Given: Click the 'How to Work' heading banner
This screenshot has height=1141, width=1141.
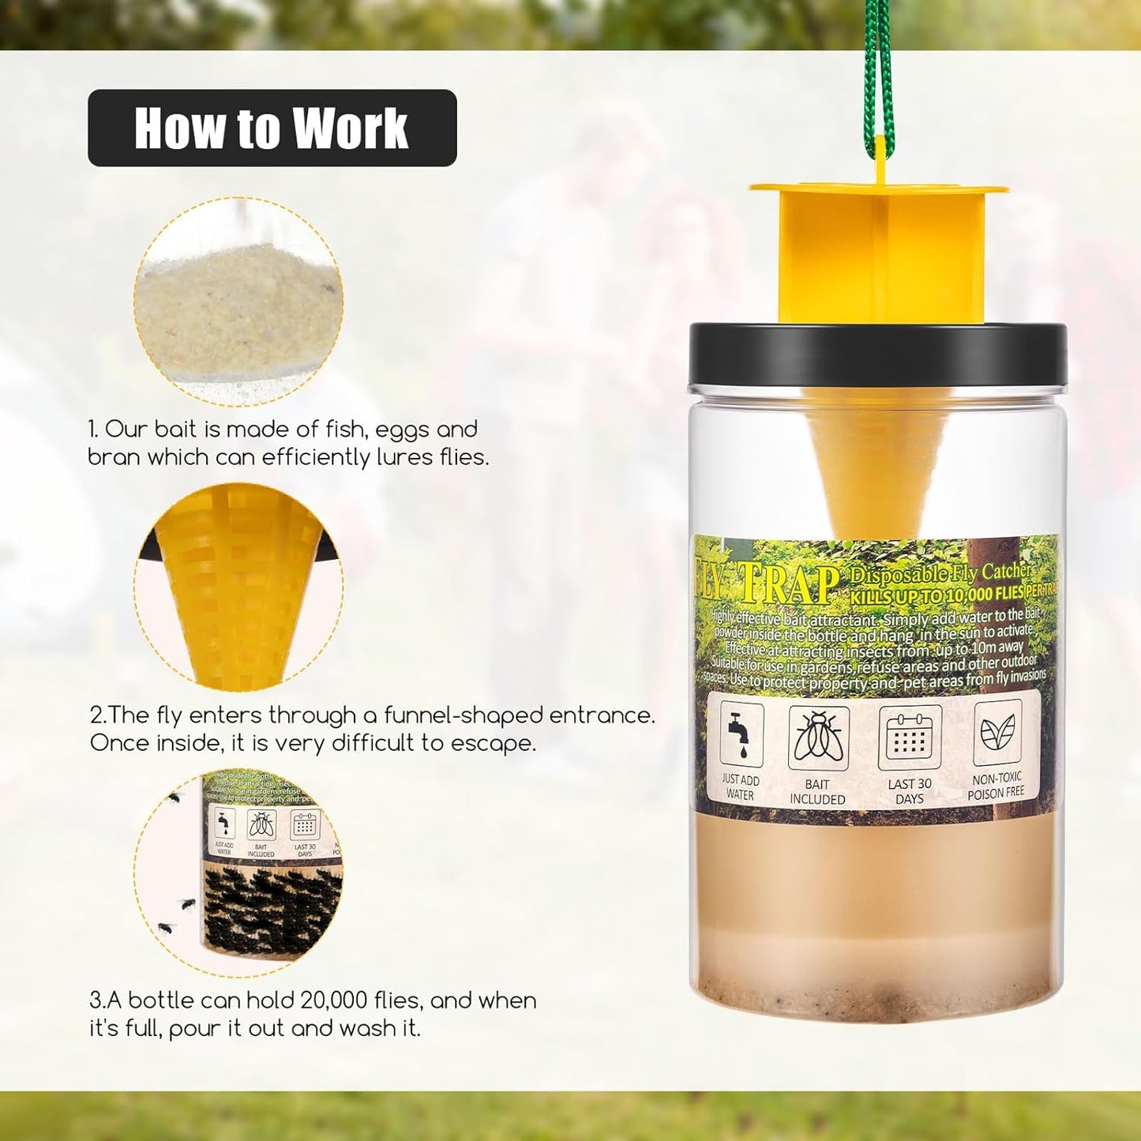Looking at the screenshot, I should [x=272, y=128].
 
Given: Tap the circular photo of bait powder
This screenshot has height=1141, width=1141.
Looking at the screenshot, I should [x=238, y=302].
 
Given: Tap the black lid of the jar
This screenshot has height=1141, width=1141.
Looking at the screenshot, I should [x=876, y=355].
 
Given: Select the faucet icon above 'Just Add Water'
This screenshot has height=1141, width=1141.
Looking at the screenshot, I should [x=741, y=735].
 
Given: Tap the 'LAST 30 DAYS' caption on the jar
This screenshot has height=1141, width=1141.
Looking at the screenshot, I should [x=910, y=791].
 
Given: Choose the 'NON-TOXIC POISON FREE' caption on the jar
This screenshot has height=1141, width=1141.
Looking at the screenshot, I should [x=996, y=786].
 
